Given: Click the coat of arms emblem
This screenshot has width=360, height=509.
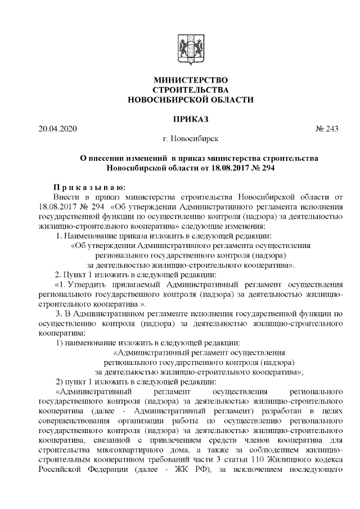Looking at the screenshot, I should [190, 49].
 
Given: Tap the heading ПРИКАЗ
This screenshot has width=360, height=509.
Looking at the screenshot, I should [190, 119].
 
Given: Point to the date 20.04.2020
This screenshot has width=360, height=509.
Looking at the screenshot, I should [57, 129].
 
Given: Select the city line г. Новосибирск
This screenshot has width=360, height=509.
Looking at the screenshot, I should [190, 138].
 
